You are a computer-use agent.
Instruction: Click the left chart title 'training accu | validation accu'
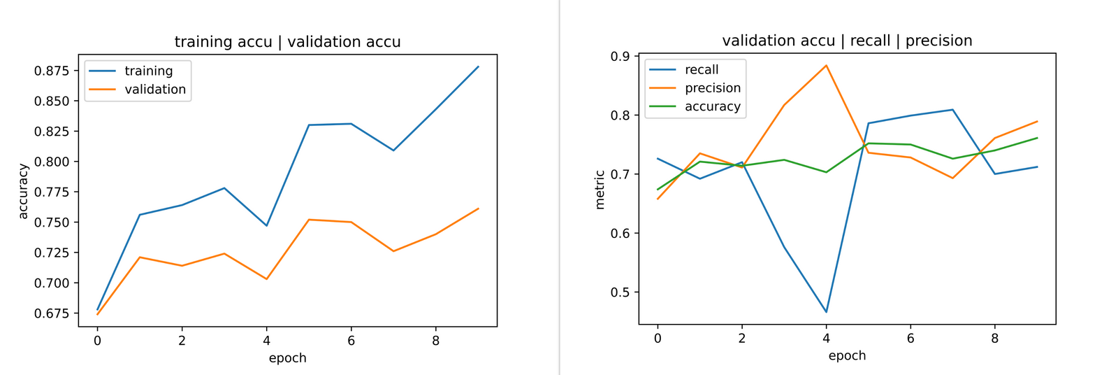click(x=287, y=42)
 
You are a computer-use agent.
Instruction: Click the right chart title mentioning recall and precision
click(x=847, y=41)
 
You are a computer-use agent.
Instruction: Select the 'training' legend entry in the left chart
click(x=148, y=71)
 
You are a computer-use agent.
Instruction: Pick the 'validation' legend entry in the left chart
click(x=154, y=90)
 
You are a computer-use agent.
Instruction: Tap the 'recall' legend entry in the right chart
click(x=701, y=69)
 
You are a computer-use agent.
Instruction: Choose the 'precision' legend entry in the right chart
click(x=712, y=88)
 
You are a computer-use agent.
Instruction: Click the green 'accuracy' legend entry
click(x=712, y=106)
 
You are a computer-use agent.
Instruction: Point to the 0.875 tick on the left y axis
click(x=52, y=71)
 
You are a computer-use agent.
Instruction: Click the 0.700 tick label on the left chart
click(x=52, y=283)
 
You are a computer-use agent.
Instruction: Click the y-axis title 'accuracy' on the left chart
click(x=24, y=191)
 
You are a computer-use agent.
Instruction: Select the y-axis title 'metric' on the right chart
click(x=600, y=190)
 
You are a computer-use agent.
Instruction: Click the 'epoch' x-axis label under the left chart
click(x=287, y=358)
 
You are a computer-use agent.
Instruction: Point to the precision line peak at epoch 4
click(x=826, y=66)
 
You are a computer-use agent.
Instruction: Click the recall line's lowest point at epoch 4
click(x=826, y=312)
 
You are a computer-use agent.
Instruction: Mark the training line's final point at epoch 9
click(x=478, y=66)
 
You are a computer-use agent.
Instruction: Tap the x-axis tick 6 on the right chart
click(x=910, y=339)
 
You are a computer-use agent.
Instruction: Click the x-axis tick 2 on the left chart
click(x=182, y=341)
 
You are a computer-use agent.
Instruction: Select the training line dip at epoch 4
click(x=266, y=225)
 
